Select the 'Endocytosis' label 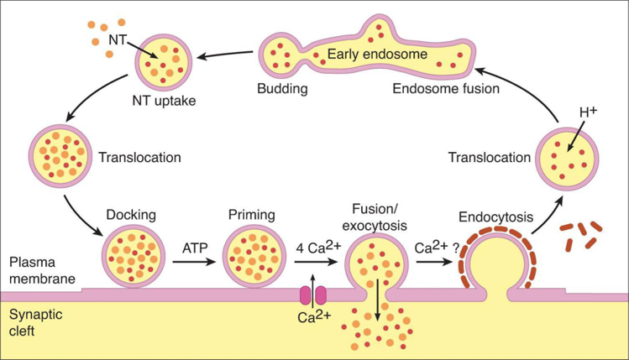click(495, 217)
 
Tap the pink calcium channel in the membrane click(312, 295)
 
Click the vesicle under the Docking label click(129, 255)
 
